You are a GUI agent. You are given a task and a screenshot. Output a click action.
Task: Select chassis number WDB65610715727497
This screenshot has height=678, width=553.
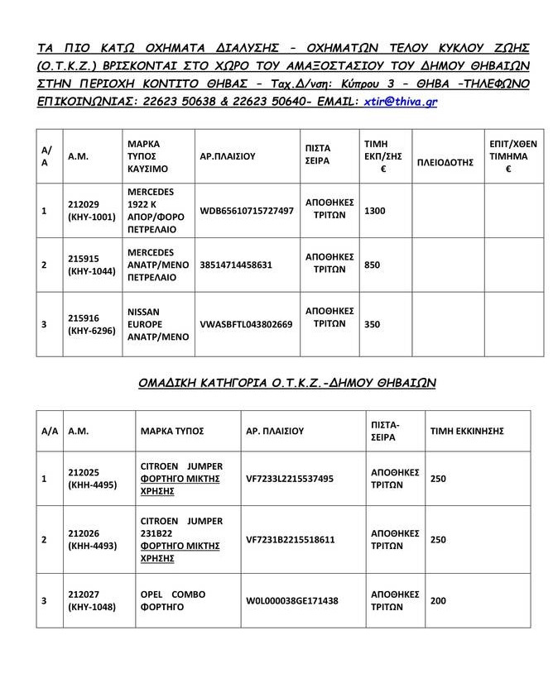tap(246, 211)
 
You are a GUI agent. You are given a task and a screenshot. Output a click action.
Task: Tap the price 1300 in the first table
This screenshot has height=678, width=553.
tap(375, 211)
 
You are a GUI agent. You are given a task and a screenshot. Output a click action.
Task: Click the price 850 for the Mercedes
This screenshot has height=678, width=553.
tap(373, 265)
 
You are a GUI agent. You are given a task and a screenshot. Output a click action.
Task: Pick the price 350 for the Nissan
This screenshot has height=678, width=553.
tap(373, 324)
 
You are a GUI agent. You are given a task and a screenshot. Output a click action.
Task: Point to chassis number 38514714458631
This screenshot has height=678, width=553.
tap(236, 265)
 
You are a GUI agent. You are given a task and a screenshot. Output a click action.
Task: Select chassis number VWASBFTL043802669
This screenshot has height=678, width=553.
tap(246, 324)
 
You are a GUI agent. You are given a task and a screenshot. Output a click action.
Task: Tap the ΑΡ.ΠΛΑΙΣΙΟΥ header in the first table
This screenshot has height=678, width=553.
tap(228, 155)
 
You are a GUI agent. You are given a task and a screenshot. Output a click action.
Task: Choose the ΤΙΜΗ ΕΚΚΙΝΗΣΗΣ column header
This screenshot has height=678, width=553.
tap(467, 431)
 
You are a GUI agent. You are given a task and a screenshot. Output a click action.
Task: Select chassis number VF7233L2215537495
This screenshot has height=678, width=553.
tap(290, 478)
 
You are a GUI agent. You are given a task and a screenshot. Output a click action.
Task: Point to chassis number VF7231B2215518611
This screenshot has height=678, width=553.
tap(291, 539)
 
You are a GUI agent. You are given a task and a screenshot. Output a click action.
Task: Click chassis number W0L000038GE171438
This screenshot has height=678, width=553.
tap(292, 600)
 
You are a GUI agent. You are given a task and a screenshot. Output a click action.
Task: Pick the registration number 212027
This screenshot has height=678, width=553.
tap(84, 594)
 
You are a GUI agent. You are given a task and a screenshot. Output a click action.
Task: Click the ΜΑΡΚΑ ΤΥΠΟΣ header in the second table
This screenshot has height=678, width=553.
tap(171, 431)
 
